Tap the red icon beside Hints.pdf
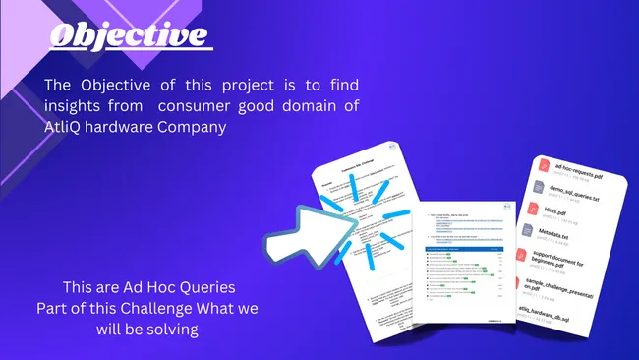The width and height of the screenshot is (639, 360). coord(536,209)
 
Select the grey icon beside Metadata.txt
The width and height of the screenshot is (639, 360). coord(532,232)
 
